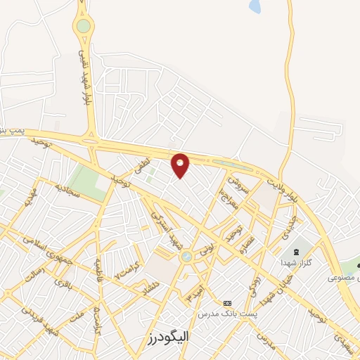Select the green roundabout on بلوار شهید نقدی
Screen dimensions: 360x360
click(x=84, y=27)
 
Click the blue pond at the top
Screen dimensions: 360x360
click(x=254, y=6)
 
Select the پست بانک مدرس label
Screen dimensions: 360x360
click(x=227, y=312)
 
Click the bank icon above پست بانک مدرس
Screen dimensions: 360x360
click(x=226, y=302)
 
